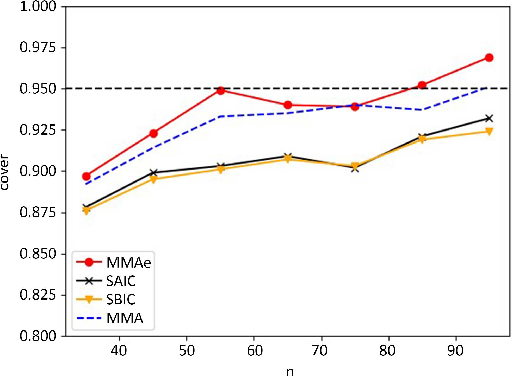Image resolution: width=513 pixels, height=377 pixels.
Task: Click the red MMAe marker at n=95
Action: (x=489, y=57)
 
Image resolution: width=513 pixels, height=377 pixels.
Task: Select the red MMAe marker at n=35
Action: (x=86, y=176)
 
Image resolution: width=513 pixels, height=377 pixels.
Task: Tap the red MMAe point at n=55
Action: (x=221, y=90)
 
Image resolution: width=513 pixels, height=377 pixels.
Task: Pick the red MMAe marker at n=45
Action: (x=153, y=133)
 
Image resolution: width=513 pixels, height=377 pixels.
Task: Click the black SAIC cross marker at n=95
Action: (x=489, y=119)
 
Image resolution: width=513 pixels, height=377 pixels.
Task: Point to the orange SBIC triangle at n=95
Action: (x=489, y=131)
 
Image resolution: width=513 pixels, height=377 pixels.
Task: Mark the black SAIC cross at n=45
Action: (x=153, y=172)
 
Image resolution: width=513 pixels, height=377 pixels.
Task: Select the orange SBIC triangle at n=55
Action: (x=221, y=170)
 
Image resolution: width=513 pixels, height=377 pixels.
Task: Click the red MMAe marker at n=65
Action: (x=288, y=105)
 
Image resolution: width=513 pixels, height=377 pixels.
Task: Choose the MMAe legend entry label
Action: (x=128, y=263)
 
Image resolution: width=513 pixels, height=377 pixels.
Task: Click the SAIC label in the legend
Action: (x=121, y=281)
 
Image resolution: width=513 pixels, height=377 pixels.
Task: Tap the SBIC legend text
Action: (x=121, y=300)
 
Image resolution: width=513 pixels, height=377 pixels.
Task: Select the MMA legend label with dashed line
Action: (x=125, y=318)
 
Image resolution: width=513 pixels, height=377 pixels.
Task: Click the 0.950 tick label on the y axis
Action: (x=38, y=89)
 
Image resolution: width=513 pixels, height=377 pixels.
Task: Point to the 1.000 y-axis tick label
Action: (x=38, y=6)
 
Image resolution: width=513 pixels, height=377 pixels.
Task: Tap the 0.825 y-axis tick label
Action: (x=38, y=295)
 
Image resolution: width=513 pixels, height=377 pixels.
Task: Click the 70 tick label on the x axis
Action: (x=320, y=351)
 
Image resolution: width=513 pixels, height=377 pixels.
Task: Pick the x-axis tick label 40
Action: (x=119, y=351)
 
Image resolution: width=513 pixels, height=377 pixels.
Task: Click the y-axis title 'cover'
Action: (x=5, y=172)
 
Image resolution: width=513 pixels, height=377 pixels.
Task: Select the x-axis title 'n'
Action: (x=290, y=372)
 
